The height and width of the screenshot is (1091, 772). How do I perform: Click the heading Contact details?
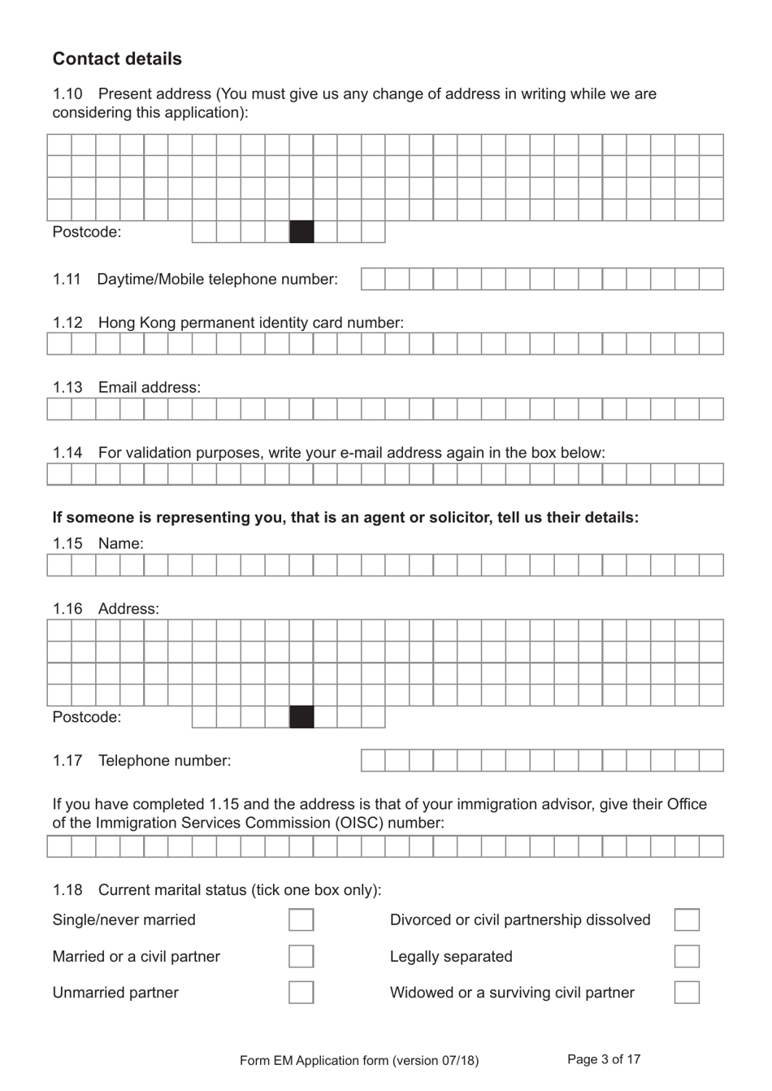tap(117, 59)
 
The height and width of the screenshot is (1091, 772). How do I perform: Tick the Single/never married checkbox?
tap(301, 919)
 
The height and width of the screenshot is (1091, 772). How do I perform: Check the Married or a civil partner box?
tap(301, 956)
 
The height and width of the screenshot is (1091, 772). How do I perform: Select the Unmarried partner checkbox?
tap(301, 992)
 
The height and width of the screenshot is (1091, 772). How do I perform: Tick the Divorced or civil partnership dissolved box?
tap(687, 919)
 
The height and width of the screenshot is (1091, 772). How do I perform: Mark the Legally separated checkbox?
tap(687, 956)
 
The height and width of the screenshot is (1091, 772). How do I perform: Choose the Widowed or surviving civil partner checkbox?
tap(687, 992)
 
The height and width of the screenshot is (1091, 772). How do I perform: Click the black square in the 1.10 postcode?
tap(301, 232)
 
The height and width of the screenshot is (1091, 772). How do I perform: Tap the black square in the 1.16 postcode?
tap(301, 717)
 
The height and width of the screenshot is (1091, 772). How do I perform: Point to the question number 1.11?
tap(67, 279)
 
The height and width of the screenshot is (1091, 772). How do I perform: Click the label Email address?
tap(149, 387)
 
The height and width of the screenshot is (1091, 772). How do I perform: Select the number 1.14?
tap(67, 452)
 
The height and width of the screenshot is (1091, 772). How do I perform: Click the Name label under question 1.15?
tap(120, 543)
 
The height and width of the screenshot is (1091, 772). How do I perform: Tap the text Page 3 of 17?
tap(604, 1059)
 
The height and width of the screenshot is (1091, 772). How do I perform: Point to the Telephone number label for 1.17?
tap(164, 760)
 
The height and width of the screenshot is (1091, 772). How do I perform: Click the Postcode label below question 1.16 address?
tap(86, 717)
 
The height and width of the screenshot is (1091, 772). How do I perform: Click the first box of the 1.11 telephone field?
tap(373, 279)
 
